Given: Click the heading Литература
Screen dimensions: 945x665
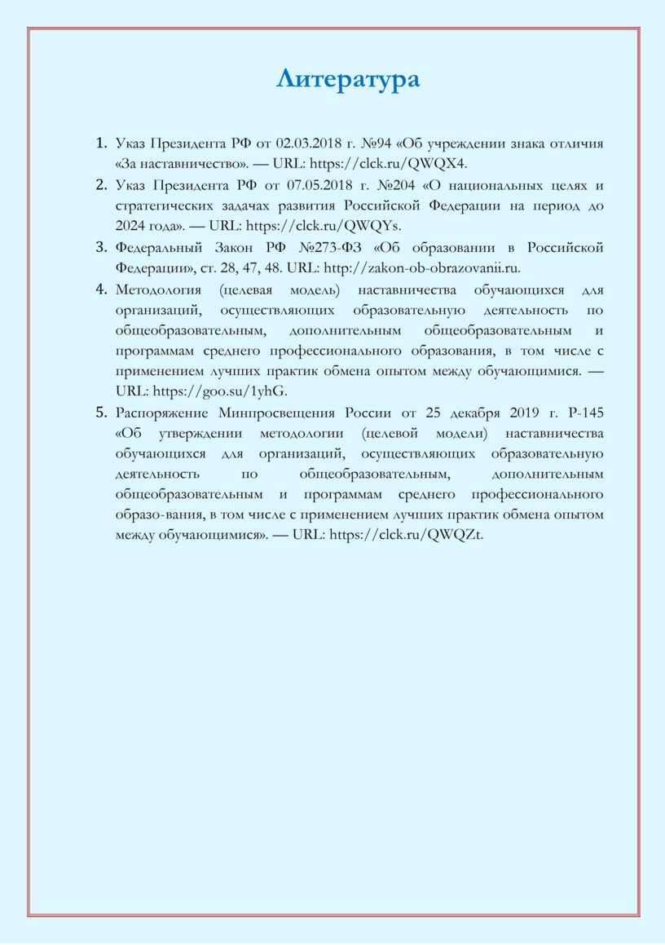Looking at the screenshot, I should click(x=348, y=79).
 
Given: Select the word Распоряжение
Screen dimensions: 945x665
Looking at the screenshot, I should click(x=162, y=413).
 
